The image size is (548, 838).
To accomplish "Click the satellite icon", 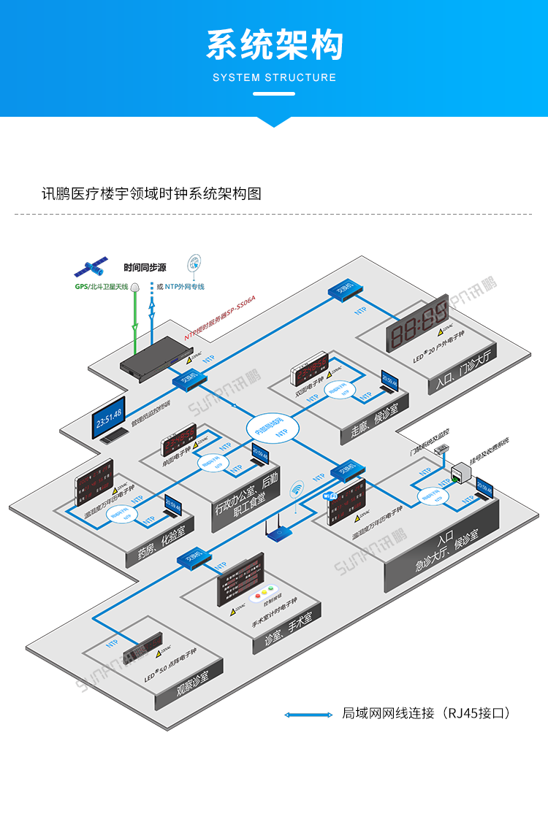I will point(94,267).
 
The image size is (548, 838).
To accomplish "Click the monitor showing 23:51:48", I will point(108,418).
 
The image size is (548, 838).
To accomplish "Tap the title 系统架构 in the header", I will point(274,45).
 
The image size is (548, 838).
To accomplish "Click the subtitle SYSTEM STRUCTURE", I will point(274,77).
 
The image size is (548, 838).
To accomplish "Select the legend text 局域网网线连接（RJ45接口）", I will point(425,713).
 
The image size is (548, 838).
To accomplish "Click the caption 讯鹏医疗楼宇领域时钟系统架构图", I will point(152,193).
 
